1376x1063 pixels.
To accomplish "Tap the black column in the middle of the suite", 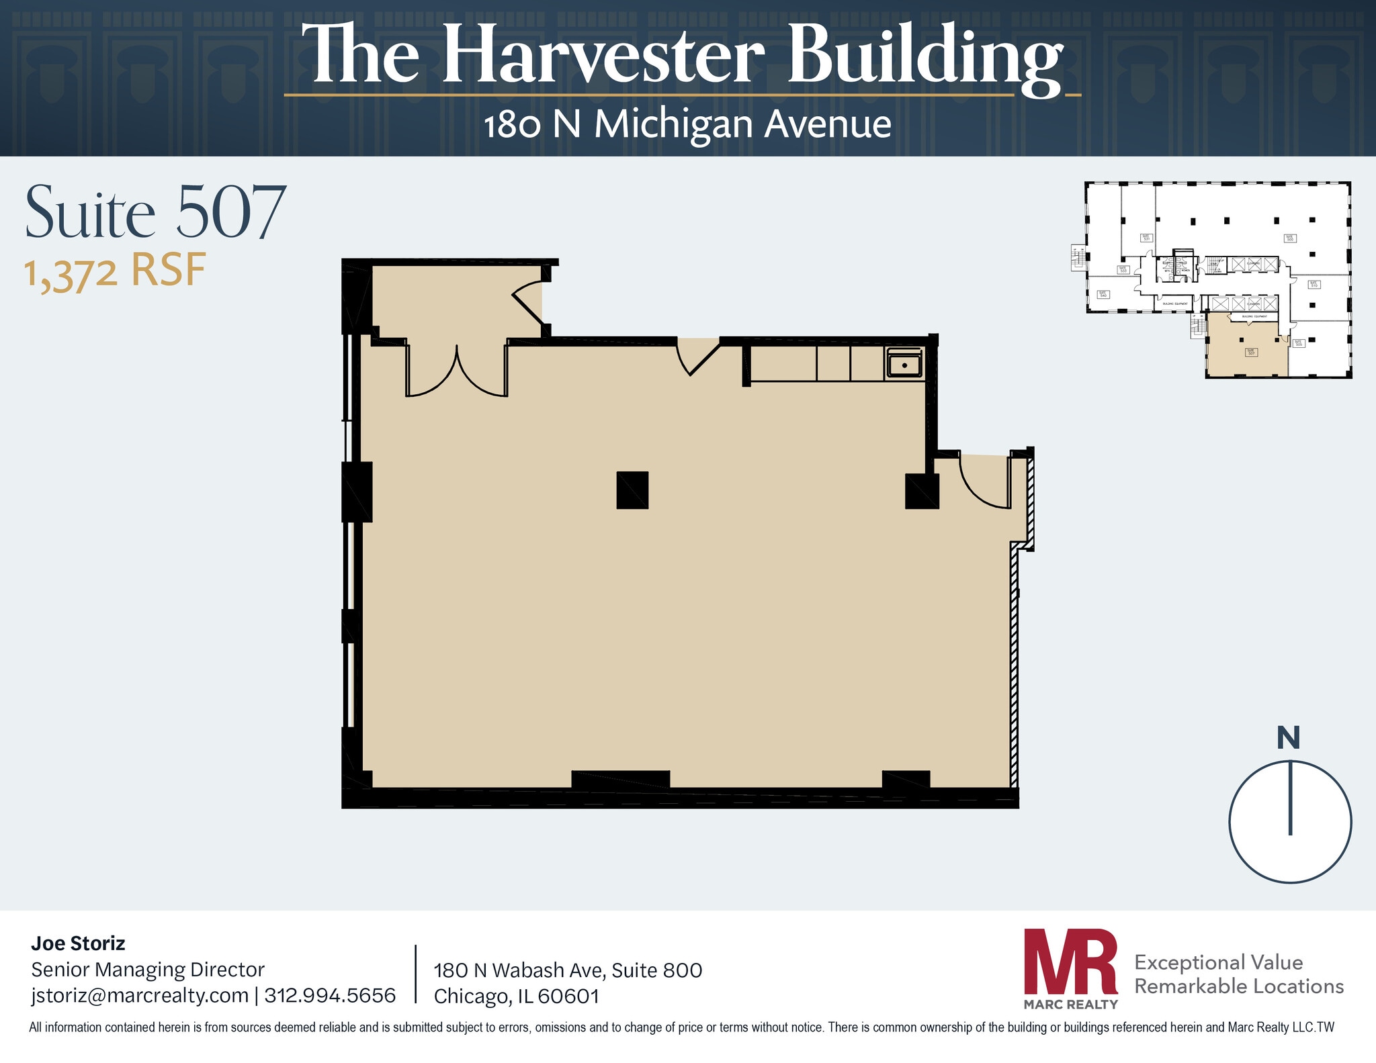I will tap(632, 490).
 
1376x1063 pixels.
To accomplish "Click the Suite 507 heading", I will tap(156, 212).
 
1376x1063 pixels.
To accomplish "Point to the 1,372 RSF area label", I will tap(115, 271).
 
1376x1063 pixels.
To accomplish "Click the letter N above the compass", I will tap(1288, 738).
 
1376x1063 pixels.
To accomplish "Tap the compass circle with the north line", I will tap(1290, 821).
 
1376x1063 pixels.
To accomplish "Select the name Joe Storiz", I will tap(78, 943).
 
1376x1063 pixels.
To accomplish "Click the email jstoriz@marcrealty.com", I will tap(140, 995).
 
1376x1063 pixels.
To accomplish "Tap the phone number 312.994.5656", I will tap(330, 995).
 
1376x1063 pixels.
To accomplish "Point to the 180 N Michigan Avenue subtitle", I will tap(687, 124).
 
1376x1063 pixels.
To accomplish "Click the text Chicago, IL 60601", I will tap(516, 996).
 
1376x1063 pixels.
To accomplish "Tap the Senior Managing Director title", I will tap(148, 969).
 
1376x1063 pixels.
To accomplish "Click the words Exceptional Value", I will tap(1218, 962).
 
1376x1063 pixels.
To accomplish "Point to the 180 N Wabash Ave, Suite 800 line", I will tap(568, 970).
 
